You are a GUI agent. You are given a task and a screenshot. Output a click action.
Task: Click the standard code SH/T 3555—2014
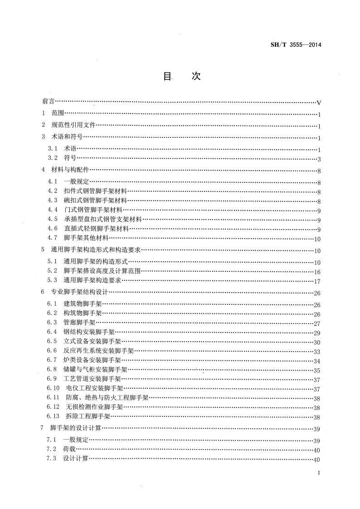point(296,44)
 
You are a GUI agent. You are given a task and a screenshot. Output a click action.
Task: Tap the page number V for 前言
point(319,103)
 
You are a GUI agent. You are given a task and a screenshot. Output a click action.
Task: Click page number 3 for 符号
point(319,159)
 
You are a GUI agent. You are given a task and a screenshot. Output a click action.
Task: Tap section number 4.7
point(53,238)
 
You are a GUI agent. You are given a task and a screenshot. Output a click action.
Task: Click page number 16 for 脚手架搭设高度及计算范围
point(317,272)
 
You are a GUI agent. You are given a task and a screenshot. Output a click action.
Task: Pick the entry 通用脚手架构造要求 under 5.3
point(92,280)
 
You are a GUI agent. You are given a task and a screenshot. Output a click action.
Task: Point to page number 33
point(317,352)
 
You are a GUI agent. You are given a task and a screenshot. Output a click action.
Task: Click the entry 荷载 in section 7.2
point(69,449)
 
